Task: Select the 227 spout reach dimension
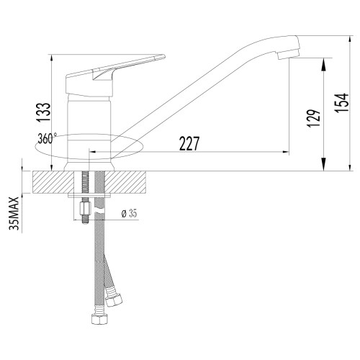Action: click(x=189, y=143)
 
